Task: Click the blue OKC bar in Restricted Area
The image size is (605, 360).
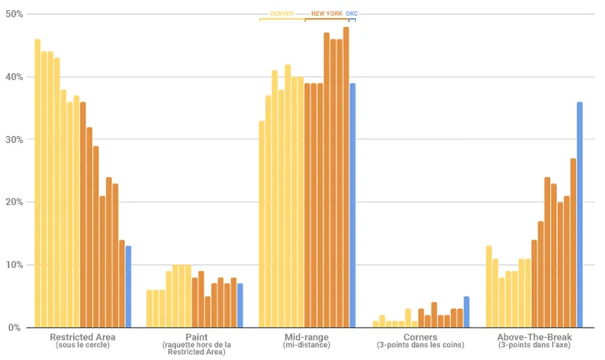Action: (x=128, y=287)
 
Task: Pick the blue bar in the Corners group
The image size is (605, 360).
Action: (x=466, y=312)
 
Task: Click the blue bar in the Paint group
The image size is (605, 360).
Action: (x=240, y=306)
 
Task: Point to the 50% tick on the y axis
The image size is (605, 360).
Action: (x=13, y=15)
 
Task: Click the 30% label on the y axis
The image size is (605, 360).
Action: (x=13, y=140)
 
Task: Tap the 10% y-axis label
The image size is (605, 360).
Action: (x=13, y=265)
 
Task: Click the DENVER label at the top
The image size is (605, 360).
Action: (x=282, y=13)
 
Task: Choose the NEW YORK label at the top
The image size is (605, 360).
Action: (x=327, y=13)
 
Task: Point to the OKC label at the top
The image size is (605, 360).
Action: (x=352, y=13)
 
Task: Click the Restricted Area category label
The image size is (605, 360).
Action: (x=82, y=338)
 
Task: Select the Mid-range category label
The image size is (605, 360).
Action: (x=307, y=338)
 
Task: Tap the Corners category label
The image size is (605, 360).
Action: (x=420, y=338)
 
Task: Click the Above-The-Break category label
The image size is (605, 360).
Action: (x=534, y=338)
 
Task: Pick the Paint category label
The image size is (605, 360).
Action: (x=196, y=338)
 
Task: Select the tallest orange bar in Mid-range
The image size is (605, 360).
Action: (x=346, y=178)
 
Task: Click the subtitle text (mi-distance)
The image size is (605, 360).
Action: (x=307, y=346)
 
